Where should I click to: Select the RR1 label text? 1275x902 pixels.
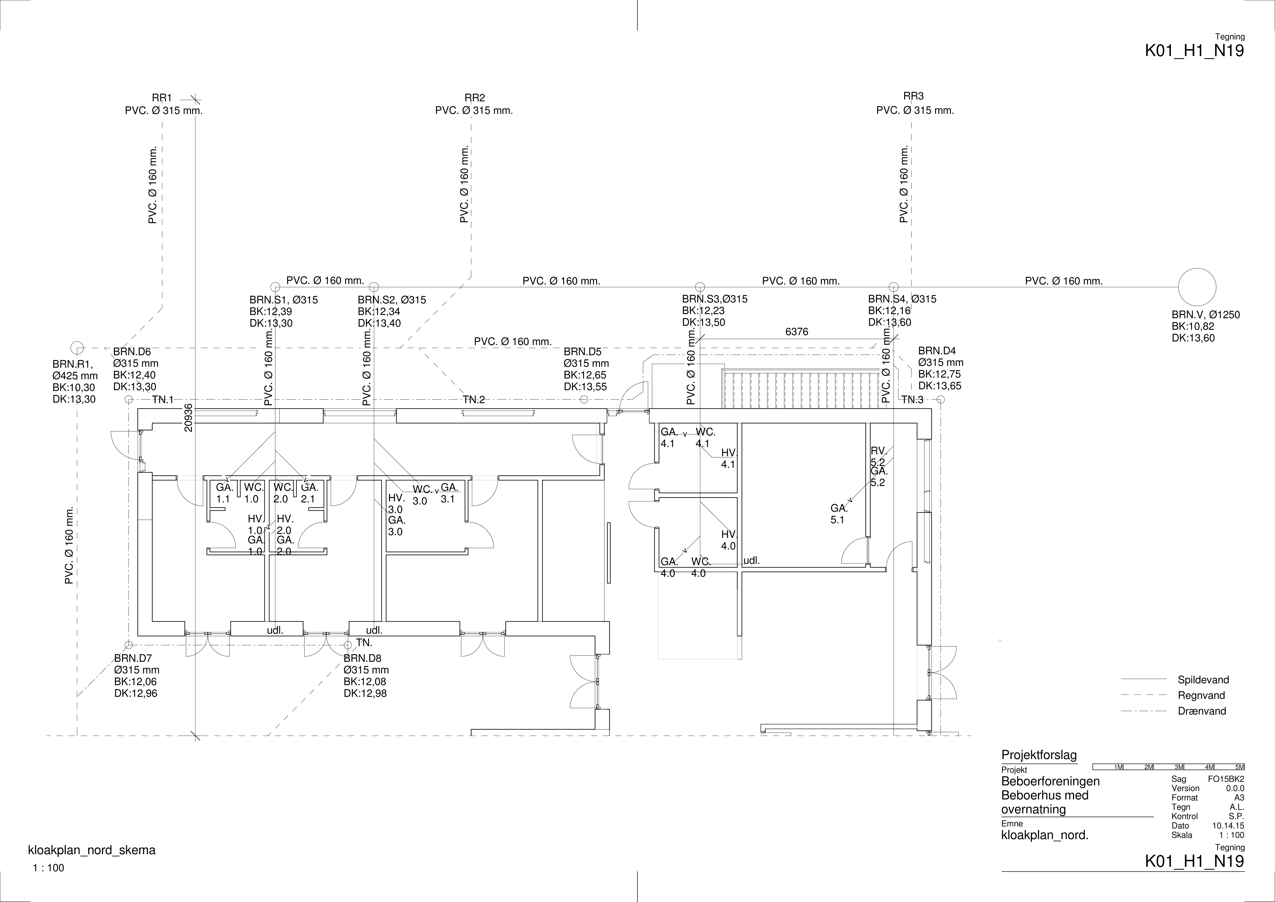click(x=162, y=98)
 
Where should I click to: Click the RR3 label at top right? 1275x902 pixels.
click(x=913, y=96)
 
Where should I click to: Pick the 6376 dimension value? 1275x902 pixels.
click(x=797, y=332)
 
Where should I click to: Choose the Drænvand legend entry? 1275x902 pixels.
click(x=1202, y=711)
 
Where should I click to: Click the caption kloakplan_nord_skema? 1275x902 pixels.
click(x=92, y=850)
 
